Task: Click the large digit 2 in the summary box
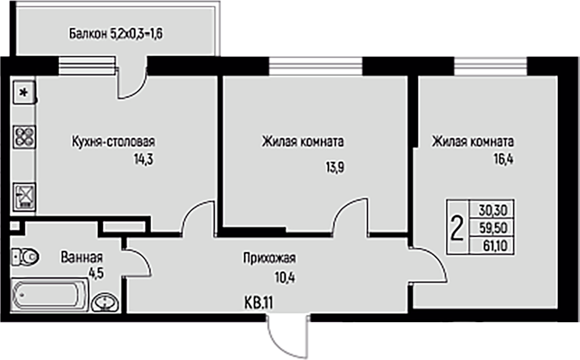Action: (x=458, y=230)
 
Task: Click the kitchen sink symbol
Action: (x=23, y=196)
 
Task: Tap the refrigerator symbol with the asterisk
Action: (x=23, y=93)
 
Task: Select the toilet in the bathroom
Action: (x=25, y=257)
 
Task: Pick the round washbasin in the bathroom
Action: (x=105, y=303)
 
